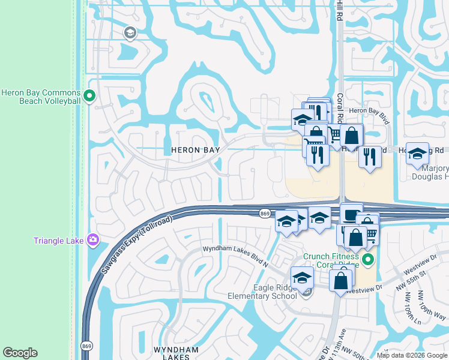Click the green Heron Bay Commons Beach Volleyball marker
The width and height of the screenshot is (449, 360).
tap(89, 95)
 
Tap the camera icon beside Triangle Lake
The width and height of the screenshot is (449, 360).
tap(92, 241)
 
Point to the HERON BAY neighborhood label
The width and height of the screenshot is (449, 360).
tap(195, 149)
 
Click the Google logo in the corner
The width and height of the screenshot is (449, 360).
tap(20, 353)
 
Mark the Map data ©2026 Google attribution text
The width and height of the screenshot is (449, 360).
tap(412, 355)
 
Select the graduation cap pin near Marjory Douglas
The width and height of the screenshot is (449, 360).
tap(417, 154)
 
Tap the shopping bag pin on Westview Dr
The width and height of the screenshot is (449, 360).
tap(341, 280)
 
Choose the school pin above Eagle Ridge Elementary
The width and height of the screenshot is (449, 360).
tap(301, 278)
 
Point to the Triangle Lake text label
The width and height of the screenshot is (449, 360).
tap(58, 241)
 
